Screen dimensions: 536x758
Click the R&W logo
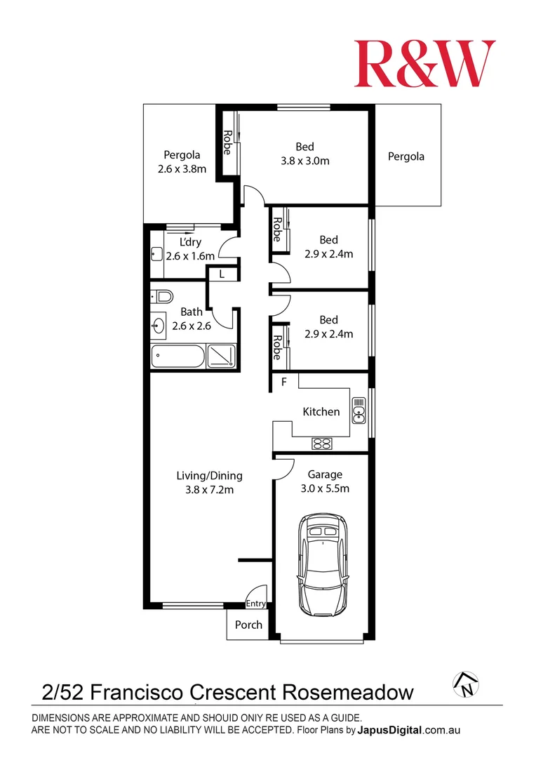pos(425,63)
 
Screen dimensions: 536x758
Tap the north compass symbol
pos(465,684)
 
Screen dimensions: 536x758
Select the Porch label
pos(248,625)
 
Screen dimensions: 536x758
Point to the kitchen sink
pos(359,411)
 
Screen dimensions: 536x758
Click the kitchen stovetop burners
pos(321,444)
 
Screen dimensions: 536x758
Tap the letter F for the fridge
pos(284,382)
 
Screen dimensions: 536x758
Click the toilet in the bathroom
pos(162,296)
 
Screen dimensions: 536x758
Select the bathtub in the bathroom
pos(178,357)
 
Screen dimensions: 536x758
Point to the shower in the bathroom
pos(221,357)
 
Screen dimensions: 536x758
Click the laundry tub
pos(156,254)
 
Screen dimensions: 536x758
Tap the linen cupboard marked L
pos(222,274)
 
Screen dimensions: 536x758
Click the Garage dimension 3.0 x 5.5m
pos(325,488)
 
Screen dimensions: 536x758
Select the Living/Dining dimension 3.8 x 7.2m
pos(209,490)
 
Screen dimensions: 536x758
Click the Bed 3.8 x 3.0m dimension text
pos(305,161)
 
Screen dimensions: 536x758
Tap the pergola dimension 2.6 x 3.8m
pos(182,169)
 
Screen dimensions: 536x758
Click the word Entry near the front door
pos(255,604)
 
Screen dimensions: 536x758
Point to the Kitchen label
pos(321,412)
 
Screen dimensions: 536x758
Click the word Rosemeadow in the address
pos(348,692)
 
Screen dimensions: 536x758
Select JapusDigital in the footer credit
pos(389,730)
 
